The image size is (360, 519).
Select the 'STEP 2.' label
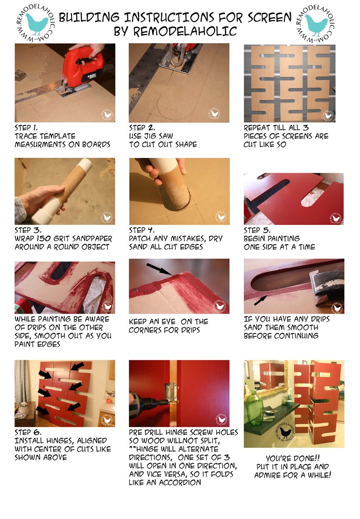click(142, 127)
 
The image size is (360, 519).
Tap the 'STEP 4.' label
click(142, 230)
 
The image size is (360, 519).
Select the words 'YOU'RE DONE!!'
click(293, 457)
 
